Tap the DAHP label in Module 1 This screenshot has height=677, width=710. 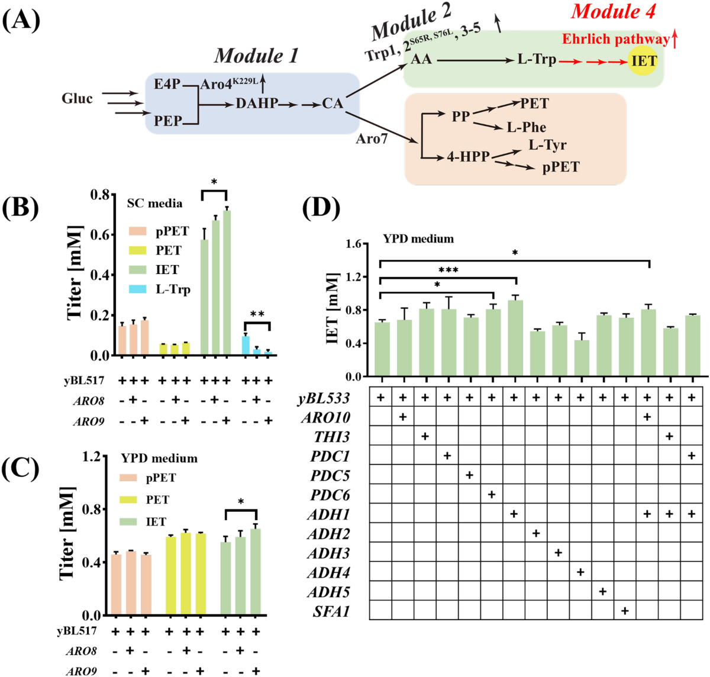point(257,104)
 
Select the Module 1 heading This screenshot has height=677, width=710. point(256,56)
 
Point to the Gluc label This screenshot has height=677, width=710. point(77,99)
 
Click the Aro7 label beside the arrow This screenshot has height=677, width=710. point(372,139)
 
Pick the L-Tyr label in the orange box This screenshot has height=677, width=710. point(547,145)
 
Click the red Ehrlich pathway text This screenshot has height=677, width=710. point(615,40)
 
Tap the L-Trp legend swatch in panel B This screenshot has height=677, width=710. point(138,289)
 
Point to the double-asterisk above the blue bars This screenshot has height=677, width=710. point(257,314)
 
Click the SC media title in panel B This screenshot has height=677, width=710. point(154,204)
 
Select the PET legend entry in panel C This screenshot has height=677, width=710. point(157,500)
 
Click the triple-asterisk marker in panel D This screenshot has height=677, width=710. point(448,270)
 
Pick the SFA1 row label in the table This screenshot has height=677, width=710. point(331,611)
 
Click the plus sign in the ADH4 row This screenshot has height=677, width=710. point(580,572)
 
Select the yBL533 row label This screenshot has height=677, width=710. point(324,398)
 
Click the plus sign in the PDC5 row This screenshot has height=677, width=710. point(469,476)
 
